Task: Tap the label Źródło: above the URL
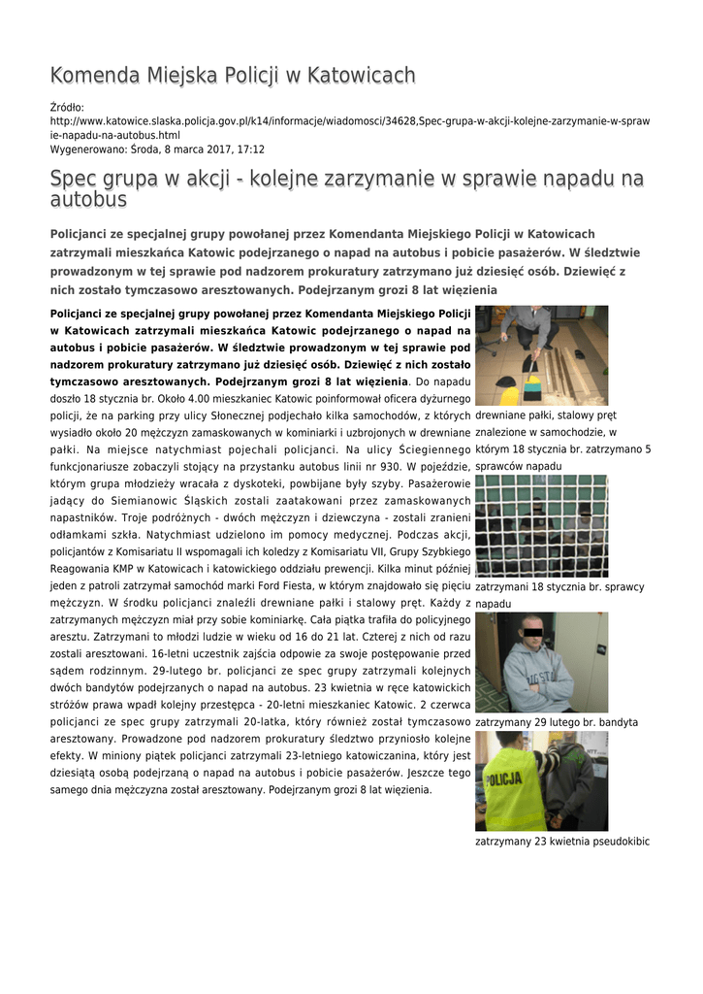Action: (67, 107)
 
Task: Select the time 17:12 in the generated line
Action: (251, 149)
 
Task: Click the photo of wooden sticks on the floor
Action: (541, 355)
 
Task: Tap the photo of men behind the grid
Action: (541, 525)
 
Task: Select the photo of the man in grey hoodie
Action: (541, 662)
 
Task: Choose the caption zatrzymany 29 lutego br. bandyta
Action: (557, 722)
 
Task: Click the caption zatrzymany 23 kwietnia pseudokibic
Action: (562, 842)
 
